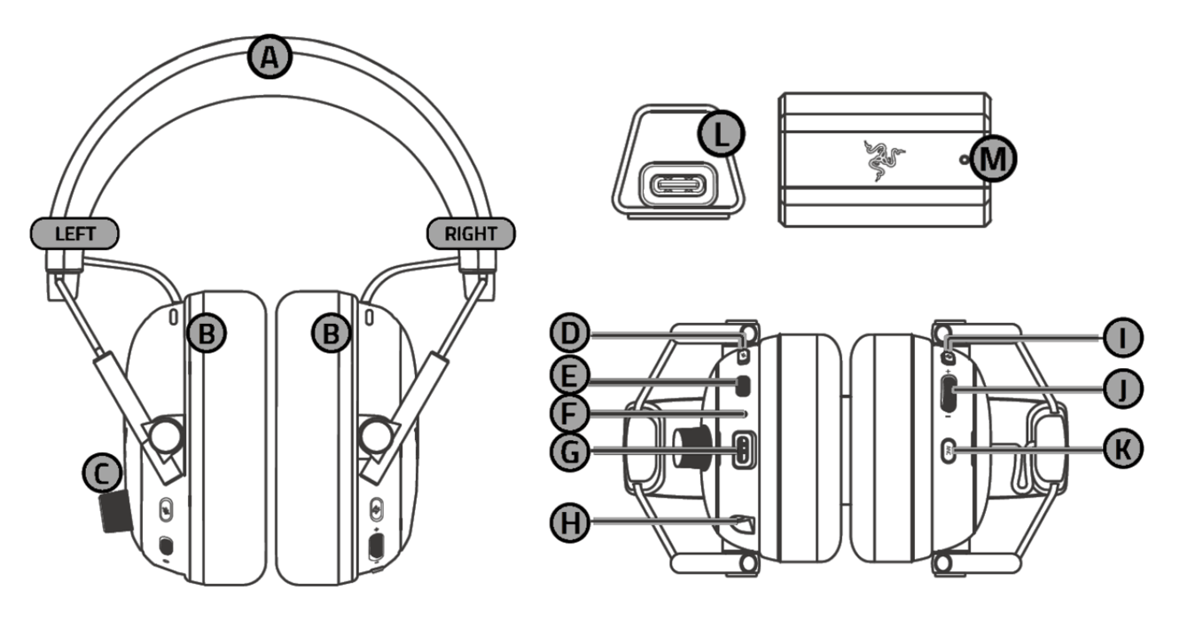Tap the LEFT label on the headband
[x=75, y=233]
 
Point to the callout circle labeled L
[x=721, y=135]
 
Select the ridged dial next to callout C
[x=113, y=515]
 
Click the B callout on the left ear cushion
[x=207, y=334]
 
